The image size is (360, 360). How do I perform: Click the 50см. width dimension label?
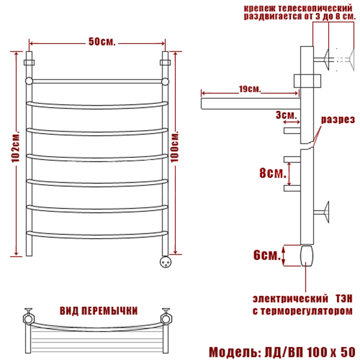click(102, 42)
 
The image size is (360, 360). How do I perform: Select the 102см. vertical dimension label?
click(15, 147)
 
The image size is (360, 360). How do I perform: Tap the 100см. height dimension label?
click(175, 146)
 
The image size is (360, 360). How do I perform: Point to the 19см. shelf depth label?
click(250, 89)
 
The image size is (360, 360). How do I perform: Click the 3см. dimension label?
click(286, 115)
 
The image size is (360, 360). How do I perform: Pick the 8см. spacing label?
click(273, 173)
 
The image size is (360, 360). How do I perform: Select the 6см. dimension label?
click(267, 255)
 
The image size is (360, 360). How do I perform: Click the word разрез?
click(338, 120)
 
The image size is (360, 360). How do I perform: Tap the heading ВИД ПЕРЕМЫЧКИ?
click(99, 311)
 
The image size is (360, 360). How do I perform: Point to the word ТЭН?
click(344, 298)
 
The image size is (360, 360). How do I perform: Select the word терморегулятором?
click(306, 311)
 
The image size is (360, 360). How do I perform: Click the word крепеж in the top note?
click(260, 9)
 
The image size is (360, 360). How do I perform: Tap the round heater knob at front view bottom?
click(165, 262)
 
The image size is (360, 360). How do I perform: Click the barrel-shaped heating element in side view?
click(307, 255)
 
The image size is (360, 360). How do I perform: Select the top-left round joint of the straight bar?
click(29, 81)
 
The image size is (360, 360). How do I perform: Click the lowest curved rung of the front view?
click(98, 236)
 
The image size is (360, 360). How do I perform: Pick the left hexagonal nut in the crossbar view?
click(28, 319)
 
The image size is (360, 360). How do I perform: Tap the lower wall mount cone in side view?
click(326, 212)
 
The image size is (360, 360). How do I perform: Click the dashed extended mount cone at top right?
click(352, 59)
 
